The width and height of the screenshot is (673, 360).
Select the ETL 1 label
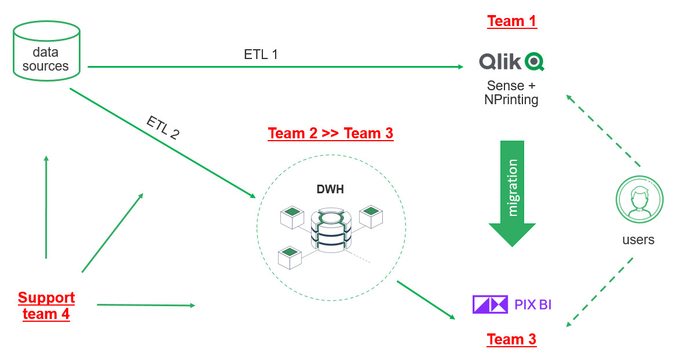(x=261, y=55)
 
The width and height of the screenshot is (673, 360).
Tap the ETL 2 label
(x=163, y=128)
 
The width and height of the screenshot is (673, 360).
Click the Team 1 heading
(x=511, y=21)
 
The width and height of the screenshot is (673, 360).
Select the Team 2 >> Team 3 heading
(x=330, y=134)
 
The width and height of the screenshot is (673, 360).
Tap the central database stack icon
(x=332, y=230)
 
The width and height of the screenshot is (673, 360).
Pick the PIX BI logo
(x=512, y=304)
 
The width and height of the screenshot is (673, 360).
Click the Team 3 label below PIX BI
(x=511, y=339)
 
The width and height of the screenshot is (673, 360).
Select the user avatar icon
(x=639, y=200)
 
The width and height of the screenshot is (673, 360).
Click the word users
(x=638, y=240)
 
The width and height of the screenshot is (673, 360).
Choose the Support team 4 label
(x=46, y=306)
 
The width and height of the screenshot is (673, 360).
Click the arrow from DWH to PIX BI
(x=426, y=300)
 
